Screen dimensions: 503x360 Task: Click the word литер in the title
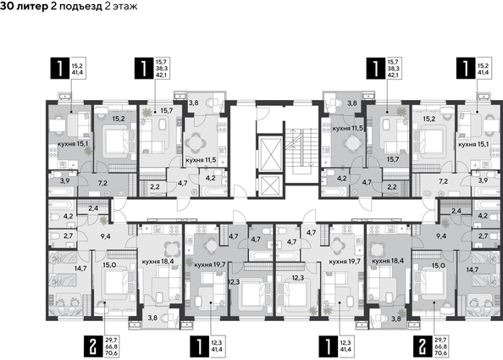[x=32, y=6]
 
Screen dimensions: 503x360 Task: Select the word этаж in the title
[x=124, y=6]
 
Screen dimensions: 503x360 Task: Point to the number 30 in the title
[x=7, y=6]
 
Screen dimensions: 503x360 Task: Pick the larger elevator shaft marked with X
[x=269, y=153]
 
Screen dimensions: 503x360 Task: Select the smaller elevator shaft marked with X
[x=269, y=186]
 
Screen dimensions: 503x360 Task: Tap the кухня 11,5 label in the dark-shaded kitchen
[x=348, y=129]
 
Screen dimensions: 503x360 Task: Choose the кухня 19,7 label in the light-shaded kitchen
[x=345, y=262]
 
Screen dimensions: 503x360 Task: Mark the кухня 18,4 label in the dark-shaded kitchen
[x=388, y=261]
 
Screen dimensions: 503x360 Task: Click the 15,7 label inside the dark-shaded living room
[x=393, y=159]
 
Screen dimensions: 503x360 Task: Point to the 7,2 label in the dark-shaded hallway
[x=102, y=183]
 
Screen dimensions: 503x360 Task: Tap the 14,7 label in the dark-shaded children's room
[x=472, y=269]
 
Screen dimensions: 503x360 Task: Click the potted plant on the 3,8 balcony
[x=401, y=313]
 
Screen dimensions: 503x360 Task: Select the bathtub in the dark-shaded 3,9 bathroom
[x=61, y=192]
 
